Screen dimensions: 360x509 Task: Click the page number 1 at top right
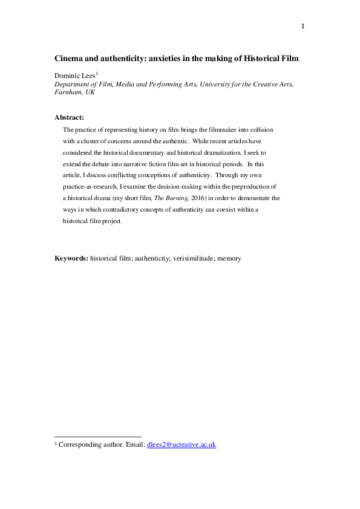[x=303, y=26]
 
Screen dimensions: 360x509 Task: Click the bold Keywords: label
[x=71, y=258]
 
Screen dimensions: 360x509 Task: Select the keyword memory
[x=229, y=258]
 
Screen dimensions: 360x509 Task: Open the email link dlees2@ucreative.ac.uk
[x=182, y=445]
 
